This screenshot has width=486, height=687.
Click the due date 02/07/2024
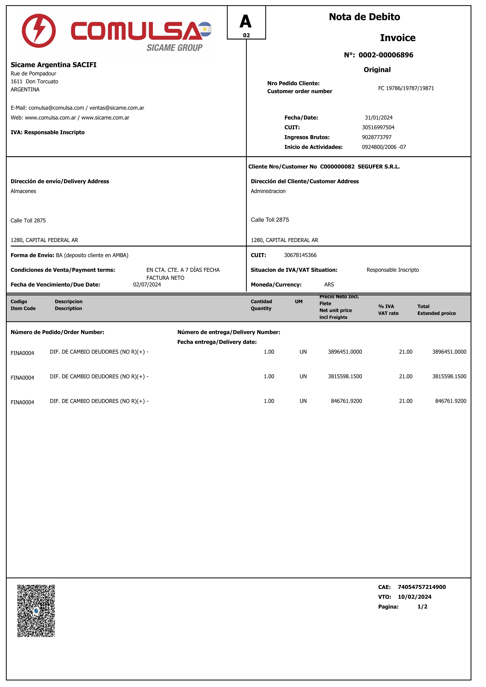[x=147, y=285]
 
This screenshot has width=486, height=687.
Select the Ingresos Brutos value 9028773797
[x=376, y=137]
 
